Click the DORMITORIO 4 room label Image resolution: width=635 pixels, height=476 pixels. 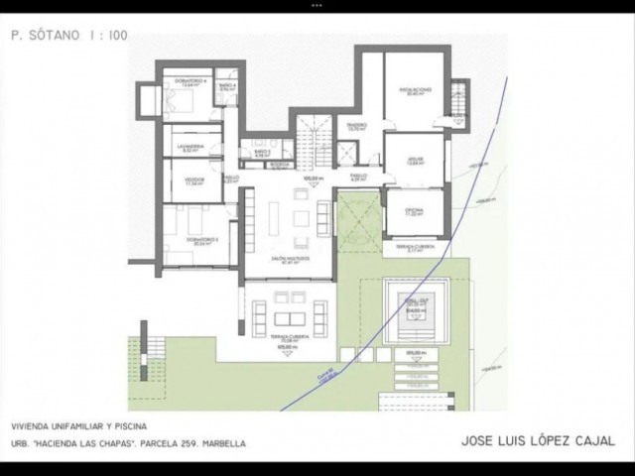pyautogui.click(x=188, y=80)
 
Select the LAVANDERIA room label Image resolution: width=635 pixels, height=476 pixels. pyautogui.click(x=190, y=147)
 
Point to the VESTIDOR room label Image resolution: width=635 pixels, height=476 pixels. pyautogui.click(x=192, y=181)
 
